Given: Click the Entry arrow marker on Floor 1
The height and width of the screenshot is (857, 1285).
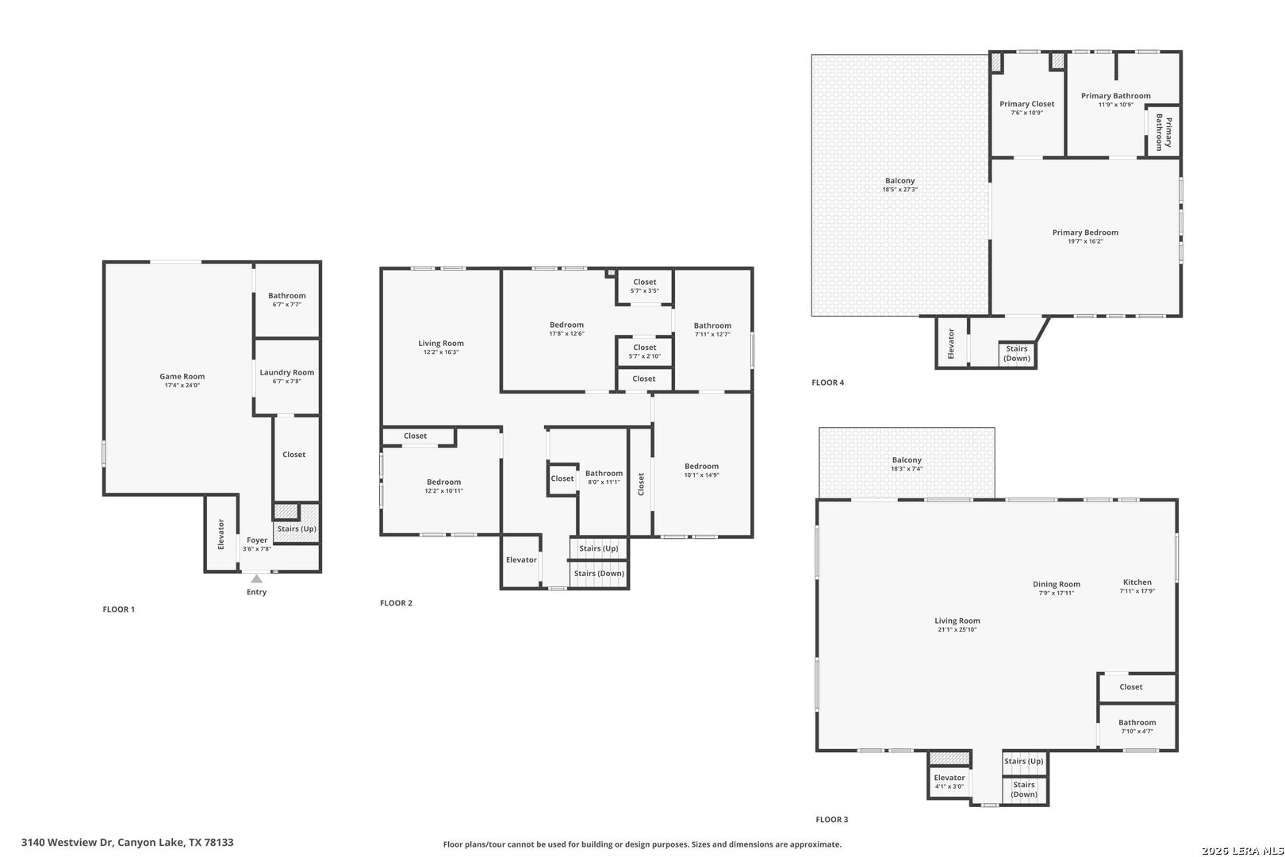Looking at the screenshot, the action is (x=256, y=578).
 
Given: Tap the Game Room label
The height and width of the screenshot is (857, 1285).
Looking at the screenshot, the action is (x=182, y=377).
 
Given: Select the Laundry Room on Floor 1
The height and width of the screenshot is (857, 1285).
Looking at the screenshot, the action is (x=287, y=377).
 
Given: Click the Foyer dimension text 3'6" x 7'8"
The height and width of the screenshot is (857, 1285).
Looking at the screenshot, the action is (x=257, y=549).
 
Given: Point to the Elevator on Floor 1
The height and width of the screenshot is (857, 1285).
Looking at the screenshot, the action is (x=221, y=533).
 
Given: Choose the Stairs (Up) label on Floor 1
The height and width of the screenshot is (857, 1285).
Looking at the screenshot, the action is (x=297, y=528).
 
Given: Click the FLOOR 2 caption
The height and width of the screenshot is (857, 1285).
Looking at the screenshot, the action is (x=396, y=603).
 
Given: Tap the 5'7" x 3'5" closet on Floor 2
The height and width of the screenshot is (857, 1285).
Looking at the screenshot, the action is (x=645, y=286).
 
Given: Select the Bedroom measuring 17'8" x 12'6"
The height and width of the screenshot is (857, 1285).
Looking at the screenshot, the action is (x=567, y=329).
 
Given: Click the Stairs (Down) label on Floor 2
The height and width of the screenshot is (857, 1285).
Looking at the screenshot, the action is (x=599, y=574).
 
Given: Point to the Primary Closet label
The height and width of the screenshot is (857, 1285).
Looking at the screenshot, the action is (x=1027, y=104).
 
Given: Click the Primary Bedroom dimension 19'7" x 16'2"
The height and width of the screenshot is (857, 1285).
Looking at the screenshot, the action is (x=1085, y=242).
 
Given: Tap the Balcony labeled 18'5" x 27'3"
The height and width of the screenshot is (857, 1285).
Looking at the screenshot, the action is (x=899, y=185).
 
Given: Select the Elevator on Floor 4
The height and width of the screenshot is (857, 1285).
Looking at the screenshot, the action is (x=951, y=344).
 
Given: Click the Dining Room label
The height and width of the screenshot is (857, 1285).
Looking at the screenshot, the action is (x=1056, y=584).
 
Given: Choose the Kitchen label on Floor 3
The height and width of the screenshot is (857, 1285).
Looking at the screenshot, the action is (x=1137, y=582).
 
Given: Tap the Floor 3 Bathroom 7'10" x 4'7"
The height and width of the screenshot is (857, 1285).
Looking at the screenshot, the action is (x=1137, y=727).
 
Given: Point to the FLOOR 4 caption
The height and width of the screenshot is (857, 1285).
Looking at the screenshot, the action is (x=828, y=382).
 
